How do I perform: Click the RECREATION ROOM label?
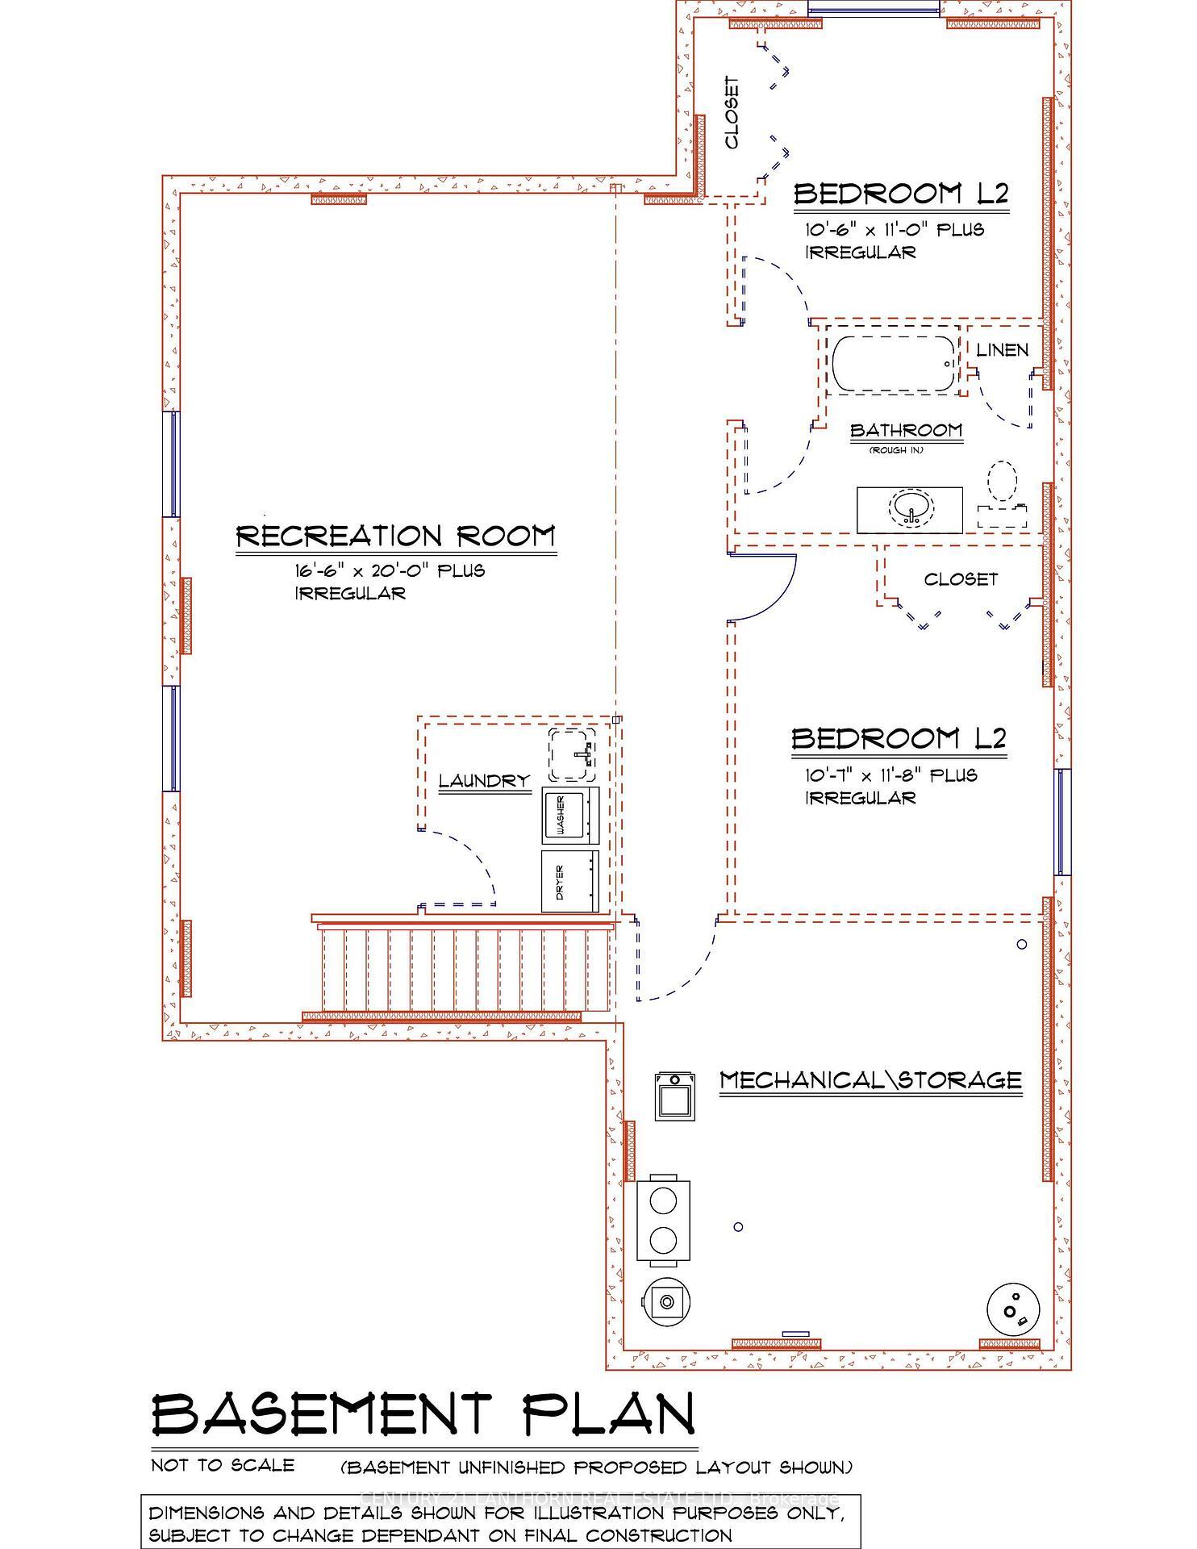coord(396,537)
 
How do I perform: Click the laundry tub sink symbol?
coord(573,754)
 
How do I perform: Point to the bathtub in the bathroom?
coord(893,365)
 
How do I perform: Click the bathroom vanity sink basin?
coord(911,508)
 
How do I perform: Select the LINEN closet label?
coord(1002,350)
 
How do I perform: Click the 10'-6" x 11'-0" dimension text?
coord(895,230)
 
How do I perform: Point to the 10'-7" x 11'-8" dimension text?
coord(891,775)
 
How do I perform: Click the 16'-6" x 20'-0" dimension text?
coord(389,571)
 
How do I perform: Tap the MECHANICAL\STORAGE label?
coord(870,1079)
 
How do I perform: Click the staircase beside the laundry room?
coord(460,968)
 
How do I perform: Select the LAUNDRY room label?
coord(484,781)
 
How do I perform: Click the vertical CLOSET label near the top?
coord(732,113)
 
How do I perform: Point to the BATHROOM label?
coord(907,430)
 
